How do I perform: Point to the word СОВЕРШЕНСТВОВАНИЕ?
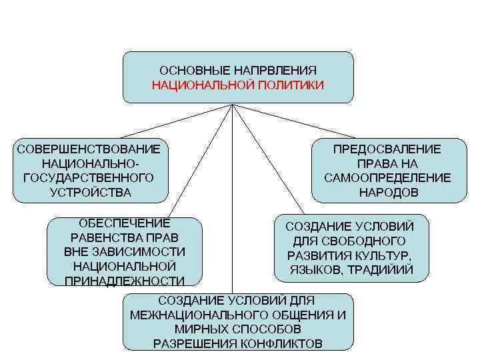pyautogui.click(x=89, y=149)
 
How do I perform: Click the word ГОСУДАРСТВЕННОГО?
pyautogui.click(x=89, y=178)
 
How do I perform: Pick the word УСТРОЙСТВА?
pyautogui.click(x=91, y=193)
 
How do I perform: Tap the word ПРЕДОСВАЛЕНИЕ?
pyautogui.click(x=387, y=149)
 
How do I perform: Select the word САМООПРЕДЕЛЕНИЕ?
pyautogui.click(x=387, y=178)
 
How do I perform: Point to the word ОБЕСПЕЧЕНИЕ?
pyautogui.click(x=125, y=223)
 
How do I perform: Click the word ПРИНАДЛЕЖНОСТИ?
pyautogui.click(x=125, y=281)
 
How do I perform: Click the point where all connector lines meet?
pyautogui.click(x=231, y=105)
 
